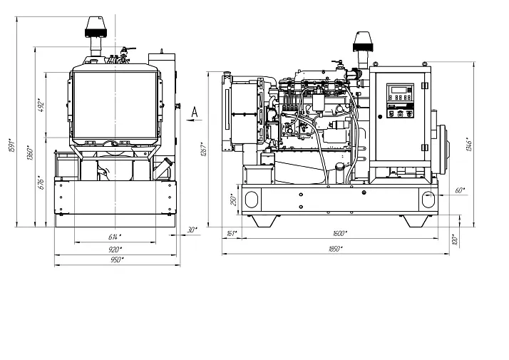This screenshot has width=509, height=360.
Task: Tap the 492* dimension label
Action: click(x=42, y=105)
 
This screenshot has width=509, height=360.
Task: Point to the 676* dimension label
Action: click(x=42, y=182)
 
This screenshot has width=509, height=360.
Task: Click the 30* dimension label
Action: click(x=190, y=230)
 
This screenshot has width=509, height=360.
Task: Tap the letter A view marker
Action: click(x=194, y=110)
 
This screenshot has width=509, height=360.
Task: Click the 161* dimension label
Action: click(x=231, y=233)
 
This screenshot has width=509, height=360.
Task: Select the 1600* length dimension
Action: click(x=339, y=233)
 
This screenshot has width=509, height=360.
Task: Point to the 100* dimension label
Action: click(x=454, y=239)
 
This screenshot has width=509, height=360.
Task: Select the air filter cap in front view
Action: click(x=96, y=27)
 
